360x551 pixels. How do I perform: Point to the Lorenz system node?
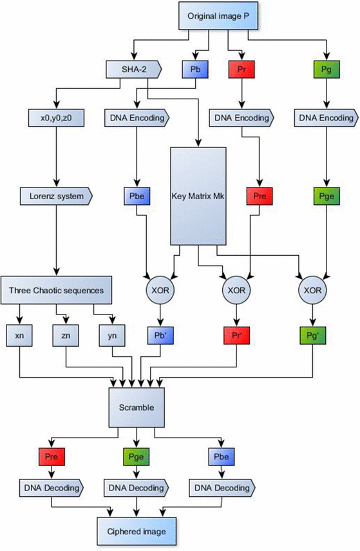tap(57, 193)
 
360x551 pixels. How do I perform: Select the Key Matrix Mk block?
tap(198, 196)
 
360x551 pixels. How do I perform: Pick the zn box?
tap(66, 336)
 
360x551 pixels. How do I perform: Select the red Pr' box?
tap(235, 336)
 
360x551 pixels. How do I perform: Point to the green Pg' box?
tap(313, 336)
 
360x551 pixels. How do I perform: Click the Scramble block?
tap(134, 408)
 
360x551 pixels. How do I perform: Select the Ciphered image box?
tap(134, 532)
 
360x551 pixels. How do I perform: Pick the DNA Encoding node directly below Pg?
tap(326, 118)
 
